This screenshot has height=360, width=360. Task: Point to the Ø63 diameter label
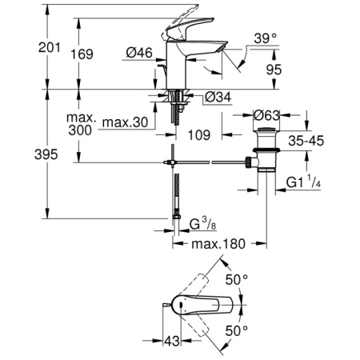click(266, 114)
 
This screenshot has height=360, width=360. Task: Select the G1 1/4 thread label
click(307, 182)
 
